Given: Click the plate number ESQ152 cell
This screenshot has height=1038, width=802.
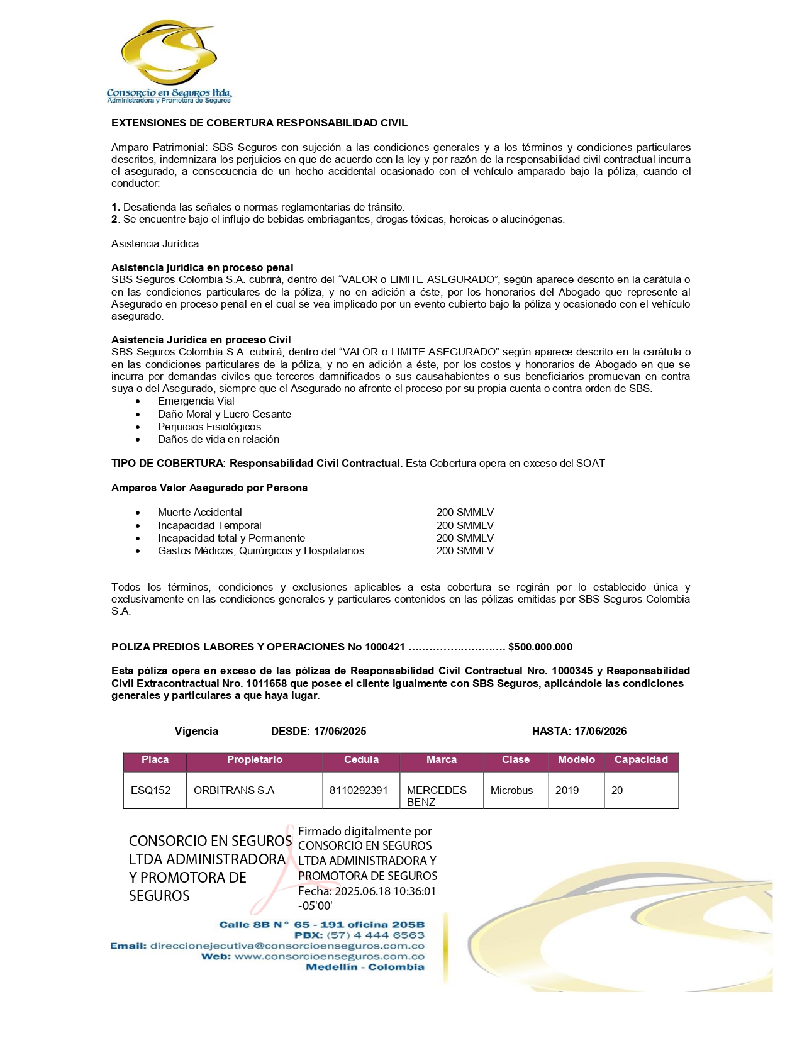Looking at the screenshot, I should [x=151, y=790].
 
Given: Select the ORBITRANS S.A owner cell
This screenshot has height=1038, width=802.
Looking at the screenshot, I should [x=234, y=790].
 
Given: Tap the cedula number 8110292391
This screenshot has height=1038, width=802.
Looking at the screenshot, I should [x=359, y=790].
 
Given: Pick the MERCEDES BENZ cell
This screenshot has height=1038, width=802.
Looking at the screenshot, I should [x=437, y=796].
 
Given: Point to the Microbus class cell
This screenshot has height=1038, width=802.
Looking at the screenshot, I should [x=511, y=790].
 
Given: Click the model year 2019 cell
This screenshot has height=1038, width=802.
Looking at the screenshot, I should [x=567, y=790].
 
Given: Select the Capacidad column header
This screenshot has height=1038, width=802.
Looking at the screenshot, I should [x=641, y=760].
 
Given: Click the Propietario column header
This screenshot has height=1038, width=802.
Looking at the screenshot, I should [x=255, y=760].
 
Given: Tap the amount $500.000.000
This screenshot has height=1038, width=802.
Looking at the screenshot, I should [x=540, y=647].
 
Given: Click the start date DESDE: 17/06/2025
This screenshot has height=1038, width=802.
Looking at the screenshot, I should [x=318, y=731].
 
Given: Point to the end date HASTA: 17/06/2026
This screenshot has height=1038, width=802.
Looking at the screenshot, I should [x=579, y=731].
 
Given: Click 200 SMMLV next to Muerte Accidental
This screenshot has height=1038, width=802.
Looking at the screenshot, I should [x=465, y=513].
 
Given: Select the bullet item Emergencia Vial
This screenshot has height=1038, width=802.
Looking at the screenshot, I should [x=196, y=401].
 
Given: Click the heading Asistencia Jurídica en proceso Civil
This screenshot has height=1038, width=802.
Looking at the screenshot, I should [x=201, y=340].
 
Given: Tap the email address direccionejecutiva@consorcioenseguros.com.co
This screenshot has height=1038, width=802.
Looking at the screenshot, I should [x=287, y=946].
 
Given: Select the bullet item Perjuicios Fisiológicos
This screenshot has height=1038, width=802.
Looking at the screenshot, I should [x=209, y=427].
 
